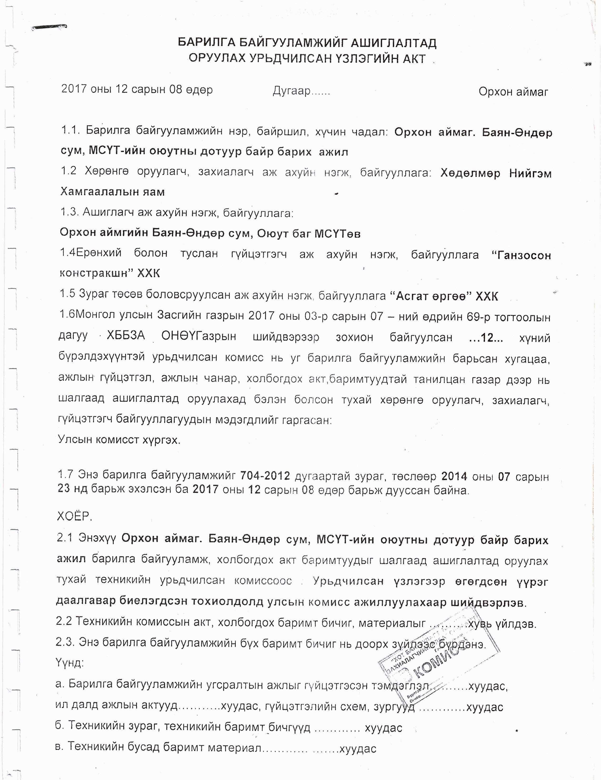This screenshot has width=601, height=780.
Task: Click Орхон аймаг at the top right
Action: tap(513, 92)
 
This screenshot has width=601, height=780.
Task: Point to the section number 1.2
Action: tap(69, 171)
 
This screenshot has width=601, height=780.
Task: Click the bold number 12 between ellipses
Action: tap(486, 338)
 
